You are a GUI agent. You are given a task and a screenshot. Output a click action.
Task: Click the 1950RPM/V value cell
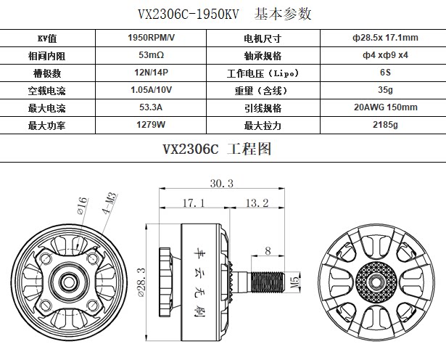pyautogui.click(x=151, y=38)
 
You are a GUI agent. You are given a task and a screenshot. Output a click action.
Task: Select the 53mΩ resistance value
pyautogui.click(x=151, y=55)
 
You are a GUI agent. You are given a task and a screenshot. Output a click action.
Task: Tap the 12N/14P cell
pyautogui.click(x=151, y=73)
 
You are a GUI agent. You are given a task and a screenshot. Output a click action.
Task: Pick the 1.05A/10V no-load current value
pyautogui.click(x=151, y=90)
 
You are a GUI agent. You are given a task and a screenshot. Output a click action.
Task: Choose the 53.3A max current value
pyautogui.click(x=151, y=107)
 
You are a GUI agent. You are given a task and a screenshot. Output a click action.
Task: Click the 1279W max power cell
pyautogui.click(x=151, y=125)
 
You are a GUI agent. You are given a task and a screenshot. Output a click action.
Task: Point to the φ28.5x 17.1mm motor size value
pyautogui.click(x=385, y=38)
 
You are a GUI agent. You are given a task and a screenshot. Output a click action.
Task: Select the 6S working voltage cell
pyautogui.click(x=385, y=73)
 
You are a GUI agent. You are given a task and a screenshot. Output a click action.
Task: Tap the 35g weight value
pyautogui.click(x=385, y=90)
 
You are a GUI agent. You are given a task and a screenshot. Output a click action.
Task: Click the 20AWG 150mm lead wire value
pyautogui.click(x=385, y=107)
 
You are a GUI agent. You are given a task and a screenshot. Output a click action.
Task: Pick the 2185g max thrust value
pyautogui.click(x=385, y=125)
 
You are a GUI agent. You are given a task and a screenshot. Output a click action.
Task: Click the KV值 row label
pyautogui.click(x=47, y=38)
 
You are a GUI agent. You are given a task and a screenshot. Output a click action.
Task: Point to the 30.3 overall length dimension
pyautogui.click(x=222, y=184)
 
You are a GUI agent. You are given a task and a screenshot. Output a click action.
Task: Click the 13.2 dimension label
pyautogui.click(x=257, y=203)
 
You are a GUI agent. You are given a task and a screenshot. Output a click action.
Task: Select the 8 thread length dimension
pyautogui.click(x=268, y=251)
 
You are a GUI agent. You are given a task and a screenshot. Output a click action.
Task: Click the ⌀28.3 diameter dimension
pyautogui.click(x=141, y=282)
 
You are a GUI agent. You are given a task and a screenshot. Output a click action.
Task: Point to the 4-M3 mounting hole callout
pyautogui.click(x=110, y=203)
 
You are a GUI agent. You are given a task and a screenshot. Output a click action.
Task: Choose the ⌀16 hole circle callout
pyautogui.click(x=82, y=206)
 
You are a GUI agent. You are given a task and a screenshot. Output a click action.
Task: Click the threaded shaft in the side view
pyautogui.click(x=268, y=282)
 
